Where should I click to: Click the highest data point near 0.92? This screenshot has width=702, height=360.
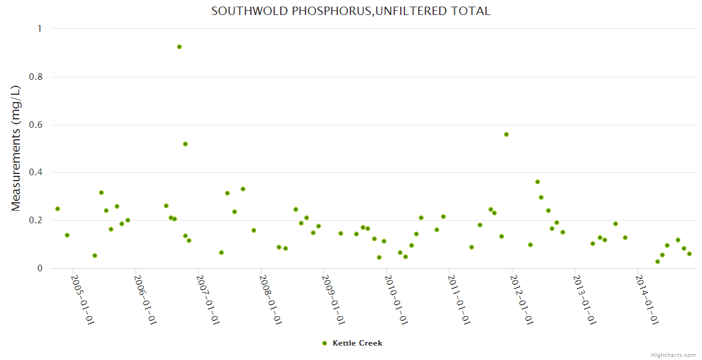[179, 47]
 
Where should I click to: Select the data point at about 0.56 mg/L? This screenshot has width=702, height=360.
[506, 134]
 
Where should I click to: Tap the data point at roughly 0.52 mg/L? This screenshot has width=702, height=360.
[185, 144]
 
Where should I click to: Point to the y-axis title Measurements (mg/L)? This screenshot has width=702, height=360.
[16, 148]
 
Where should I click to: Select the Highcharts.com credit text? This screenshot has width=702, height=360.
[673, 355]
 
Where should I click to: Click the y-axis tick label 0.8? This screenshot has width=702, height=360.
[36, 77]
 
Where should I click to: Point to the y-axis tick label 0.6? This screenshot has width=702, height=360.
[36, 125]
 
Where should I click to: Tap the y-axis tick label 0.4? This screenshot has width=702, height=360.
[36, 173]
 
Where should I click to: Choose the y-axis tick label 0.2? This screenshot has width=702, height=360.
[36, 221]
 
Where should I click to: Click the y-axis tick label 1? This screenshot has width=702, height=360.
[40, 29]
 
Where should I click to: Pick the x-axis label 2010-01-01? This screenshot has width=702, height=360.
[397, 300]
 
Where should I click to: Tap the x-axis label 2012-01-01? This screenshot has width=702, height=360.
[523, 300]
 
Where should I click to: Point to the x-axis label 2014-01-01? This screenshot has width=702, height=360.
[648, 300]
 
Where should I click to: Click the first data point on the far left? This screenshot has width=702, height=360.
[58, 209]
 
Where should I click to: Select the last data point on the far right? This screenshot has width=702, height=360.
[689, 254]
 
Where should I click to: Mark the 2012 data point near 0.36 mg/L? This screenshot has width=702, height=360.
[538, 182]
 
